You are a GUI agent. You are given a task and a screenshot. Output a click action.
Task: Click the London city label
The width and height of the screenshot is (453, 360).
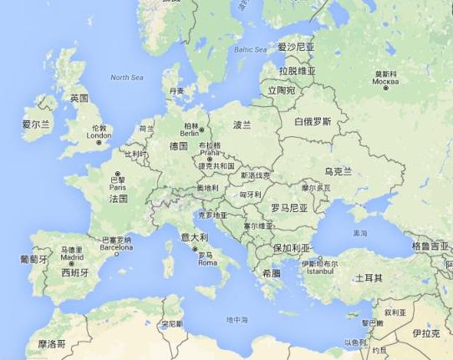pos(99,135)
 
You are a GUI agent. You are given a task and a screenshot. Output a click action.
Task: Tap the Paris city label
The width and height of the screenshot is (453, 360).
pos(118,187)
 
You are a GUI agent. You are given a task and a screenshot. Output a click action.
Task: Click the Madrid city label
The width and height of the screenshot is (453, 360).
pos(72,257)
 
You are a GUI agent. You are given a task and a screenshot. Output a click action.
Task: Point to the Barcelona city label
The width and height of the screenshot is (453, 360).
pos(116,247)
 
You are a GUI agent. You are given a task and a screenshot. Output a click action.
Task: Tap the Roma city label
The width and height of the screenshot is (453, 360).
pos(206,262)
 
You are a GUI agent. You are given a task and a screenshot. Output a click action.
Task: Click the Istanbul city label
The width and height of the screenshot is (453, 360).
pos(322,271)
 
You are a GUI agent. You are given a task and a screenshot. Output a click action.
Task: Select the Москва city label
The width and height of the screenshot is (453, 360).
pos(385,82)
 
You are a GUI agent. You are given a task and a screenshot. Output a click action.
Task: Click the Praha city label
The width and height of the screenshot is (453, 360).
pos(209,153)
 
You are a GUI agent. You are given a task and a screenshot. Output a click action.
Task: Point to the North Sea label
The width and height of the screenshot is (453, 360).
pos(127,78)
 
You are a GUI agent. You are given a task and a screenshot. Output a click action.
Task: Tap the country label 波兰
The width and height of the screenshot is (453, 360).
pos(242,124)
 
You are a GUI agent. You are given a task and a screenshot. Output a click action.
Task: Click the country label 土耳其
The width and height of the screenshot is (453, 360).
pos(368,277)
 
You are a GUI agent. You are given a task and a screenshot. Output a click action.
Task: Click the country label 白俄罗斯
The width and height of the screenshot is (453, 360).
pos(313,121)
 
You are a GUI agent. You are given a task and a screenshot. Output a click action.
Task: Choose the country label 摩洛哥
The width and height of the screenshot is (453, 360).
pos(52,343)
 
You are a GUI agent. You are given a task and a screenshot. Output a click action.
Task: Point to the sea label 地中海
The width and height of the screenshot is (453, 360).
pos(237,320)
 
